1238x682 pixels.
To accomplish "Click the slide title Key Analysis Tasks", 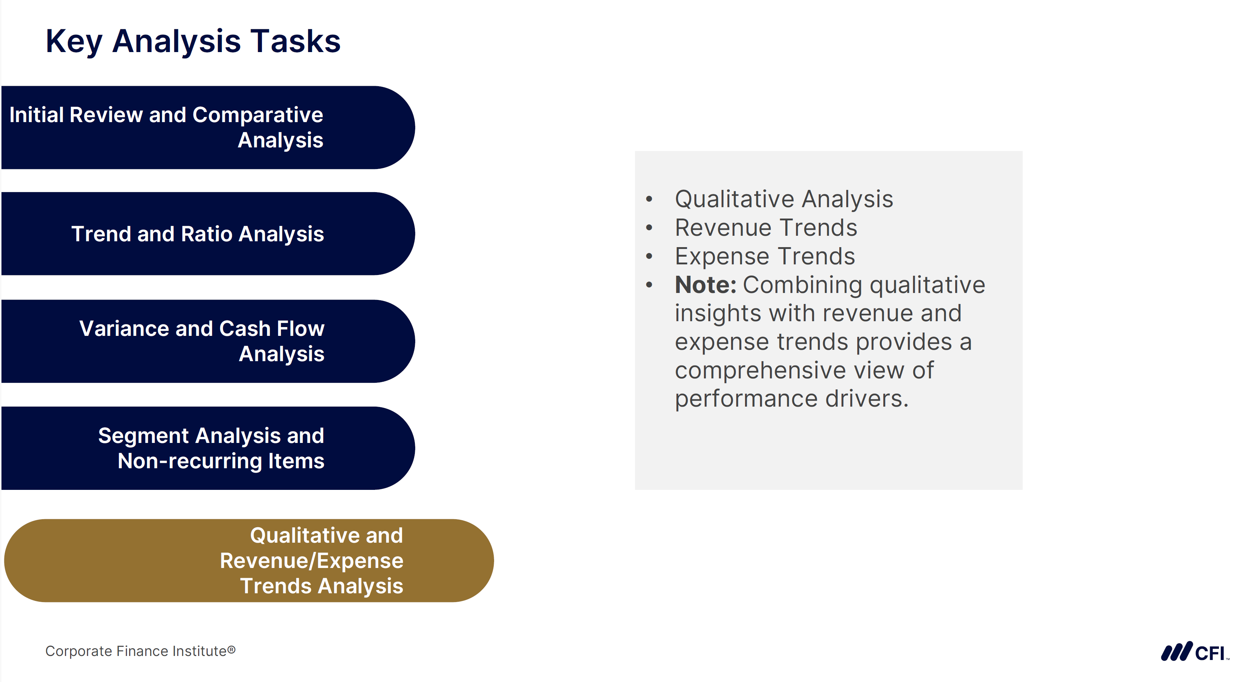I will (193, 41).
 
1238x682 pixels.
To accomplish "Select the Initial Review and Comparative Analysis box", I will (207, 127).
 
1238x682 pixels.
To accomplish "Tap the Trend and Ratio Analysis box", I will (207, 234).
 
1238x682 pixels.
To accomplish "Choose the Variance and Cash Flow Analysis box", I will (207, 341).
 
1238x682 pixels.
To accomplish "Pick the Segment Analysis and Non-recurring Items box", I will (207, 448).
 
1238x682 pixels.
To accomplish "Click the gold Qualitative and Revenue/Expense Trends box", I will (248, 561).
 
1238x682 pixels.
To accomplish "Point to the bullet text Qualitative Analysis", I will (784, 199).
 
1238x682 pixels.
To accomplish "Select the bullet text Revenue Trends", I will (766, 228).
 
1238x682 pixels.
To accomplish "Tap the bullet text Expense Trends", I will (764, 256).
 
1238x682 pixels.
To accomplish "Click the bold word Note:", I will (705, 285).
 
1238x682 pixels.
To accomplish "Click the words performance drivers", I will (791, 399).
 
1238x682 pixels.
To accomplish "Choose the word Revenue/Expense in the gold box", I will (311, 561).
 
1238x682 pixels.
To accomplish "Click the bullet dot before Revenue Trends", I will (649, 228).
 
